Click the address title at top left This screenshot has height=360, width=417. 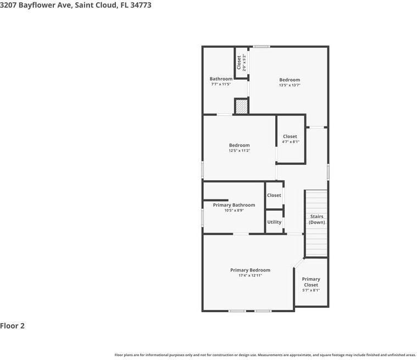pos(76,5)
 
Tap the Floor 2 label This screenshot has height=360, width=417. pos(13,326)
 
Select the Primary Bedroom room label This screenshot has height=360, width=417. pos(250,270)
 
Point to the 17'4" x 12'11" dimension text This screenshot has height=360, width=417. pos(250,275)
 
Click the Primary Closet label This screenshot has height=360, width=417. pos(311,282)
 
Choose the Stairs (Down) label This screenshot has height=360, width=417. pos(316,219)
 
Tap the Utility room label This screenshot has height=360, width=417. pos(274,222)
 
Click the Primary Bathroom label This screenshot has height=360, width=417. pos(234,205)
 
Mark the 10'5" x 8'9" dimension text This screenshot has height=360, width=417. pos(234,211)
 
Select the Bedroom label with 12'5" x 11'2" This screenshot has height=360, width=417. pos(240,145)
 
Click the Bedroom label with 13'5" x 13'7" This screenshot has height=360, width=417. pos(290,80)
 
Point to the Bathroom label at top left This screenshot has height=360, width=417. pos(221,79)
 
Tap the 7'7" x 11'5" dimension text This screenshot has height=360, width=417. pos(221,84)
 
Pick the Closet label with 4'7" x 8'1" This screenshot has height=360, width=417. pos(290,136)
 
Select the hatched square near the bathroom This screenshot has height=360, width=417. pos(242,106)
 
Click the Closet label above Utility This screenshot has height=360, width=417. pos(274,195)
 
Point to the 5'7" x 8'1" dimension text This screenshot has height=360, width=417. pos(311,290)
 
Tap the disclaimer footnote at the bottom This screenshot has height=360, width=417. pos(265,355)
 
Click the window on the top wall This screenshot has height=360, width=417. pos(262,46)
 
